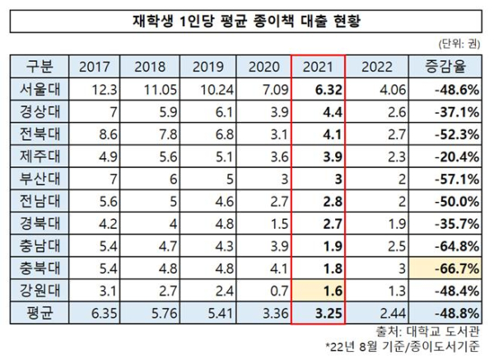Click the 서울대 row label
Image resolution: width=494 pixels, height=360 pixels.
coord(39,89)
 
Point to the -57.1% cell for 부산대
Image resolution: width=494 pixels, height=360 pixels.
coord(448,178)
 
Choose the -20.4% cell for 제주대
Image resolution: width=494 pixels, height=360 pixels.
coord(448,156)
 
